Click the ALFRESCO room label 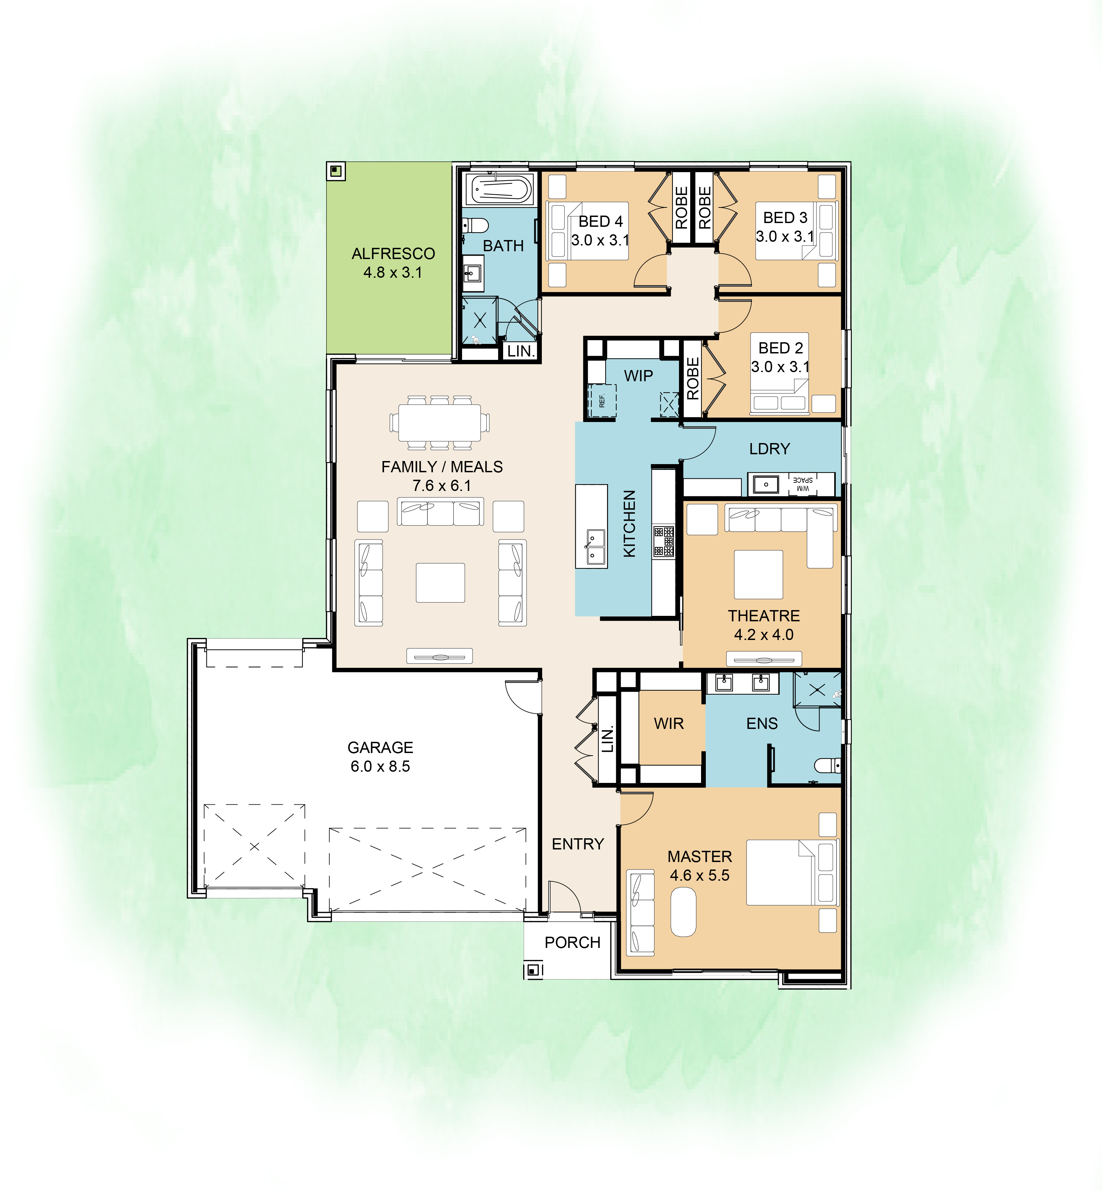(393, 254)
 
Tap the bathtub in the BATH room (500, 190)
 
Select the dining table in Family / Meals (440, 422)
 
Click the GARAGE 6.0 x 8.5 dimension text (381, 766)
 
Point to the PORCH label (572, 942)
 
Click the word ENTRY (578, 844)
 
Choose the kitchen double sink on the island (594, 547)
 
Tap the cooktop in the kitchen (663, 541)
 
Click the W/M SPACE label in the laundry (803, 484)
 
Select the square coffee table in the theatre (758, 574)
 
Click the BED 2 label (780, 348)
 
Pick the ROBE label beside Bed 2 (692, 378)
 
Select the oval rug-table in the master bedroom (683, 913)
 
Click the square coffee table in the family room (440, 583)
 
